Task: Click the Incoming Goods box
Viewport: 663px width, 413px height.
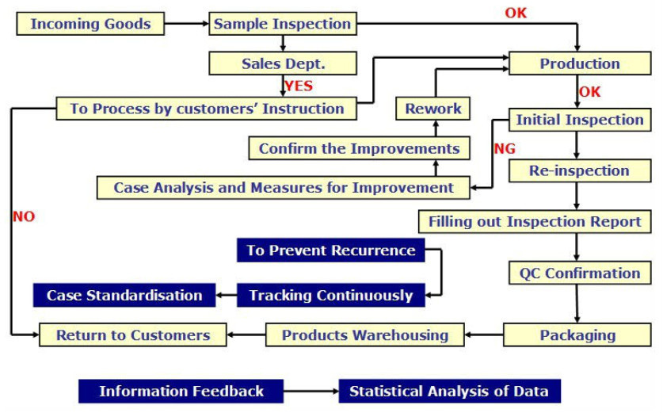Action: click(x=90, y=24)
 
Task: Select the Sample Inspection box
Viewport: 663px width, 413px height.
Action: click(x=283, y=24)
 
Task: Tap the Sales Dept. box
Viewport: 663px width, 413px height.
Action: click(x=283, y=63)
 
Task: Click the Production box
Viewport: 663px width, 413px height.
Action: click(x=580, y=63)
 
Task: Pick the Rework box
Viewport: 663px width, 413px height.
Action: click(x=433, y=109)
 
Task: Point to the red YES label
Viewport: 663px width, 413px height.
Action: click(x=299, y=86)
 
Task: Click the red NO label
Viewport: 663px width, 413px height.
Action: click(x=24, y=216)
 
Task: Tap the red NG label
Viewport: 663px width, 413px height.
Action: click(x=505, y=148)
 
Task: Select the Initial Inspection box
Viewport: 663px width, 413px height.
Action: click(x=580, y=120)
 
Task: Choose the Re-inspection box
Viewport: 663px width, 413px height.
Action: click(x=580, y=170)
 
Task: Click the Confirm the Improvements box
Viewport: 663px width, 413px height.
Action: click(x=359, y=148)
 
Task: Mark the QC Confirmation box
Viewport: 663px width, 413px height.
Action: click(x=580, y=273)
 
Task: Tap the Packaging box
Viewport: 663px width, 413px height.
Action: click(x=577, y=335)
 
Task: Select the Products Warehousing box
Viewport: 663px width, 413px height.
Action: click(x=365, y=335)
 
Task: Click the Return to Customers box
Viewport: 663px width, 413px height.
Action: click(x=133, y=335)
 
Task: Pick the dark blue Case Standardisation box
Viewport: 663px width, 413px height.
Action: click(x=124, y=295)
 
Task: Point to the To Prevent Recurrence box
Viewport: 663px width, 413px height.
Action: click(x=330, y=250)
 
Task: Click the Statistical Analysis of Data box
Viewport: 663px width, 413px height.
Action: click(x=449, y=391)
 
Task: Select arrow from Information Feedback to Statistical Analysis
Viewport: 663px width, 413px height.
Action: click(x=311, y=391)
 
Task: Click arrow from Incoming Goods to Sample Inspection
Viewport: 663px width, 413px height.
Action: click(x=186, y=24)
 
